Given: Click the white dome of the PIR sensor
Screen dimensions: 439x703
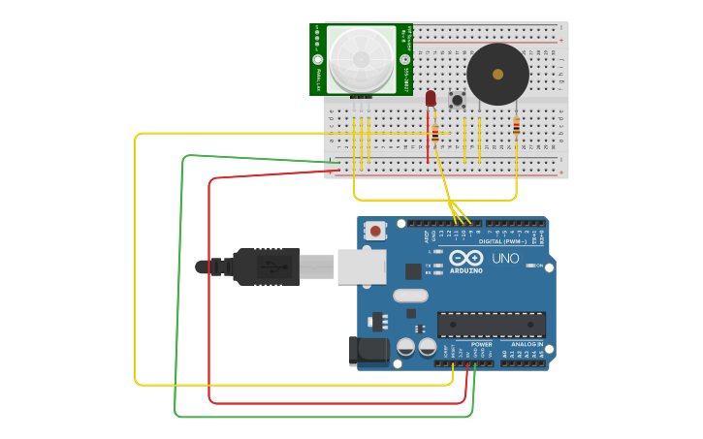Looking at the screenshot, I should pyautogui.click(x=361, y=59).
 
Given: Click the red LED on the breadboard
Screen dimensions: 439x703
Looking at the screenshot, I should pyautogui.click(x=431, y=98).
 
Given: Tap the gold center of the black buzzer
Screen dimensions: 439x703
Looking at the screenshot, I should pyautogui.click(x=497, y=74).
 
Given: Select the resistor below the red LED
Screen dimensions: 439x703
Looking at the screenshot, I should pyautogui.click(x=435, y=135).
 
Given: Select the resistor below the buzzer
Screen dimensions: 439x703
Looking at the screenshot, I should pyautogui.click(x=516, y=125).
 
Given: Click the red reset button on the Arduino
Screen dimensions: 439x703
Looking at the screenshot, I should pyautogui.click(x=374, y=231).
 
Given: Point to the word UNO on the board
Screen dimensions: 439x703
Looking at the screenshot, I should pyautogui.click(x=506, y=259).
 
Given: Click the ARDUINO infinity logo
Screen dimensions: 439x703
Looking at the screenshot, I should pyautogui.click(x=465, y=259).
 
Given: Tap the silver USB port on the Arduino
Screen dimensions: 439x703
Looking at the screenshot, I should pyautogui.click(x=361, y=267).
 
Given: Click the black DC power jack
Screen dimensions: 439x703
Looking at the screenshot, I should pyautogui.click(x=368, y=351).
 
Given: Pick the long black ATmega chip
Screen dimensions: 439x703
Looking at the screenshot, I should pyautogui.click(x=491, y=325).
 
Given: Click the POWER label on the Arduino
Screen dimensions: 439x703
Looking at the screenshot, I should pyautogui.click(x=481, y=344).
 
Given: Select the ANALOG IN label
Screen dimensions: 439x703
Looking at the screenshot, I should pyautogui.click(x=527, y=344).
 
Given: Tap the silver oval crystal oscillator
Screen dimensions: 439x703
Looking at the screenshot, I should pyautogui.click(x=410, y=296).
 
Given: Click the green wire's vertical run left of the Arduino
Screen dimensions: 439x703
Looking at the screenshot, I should pyautogui.click(x=178, y=291).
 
